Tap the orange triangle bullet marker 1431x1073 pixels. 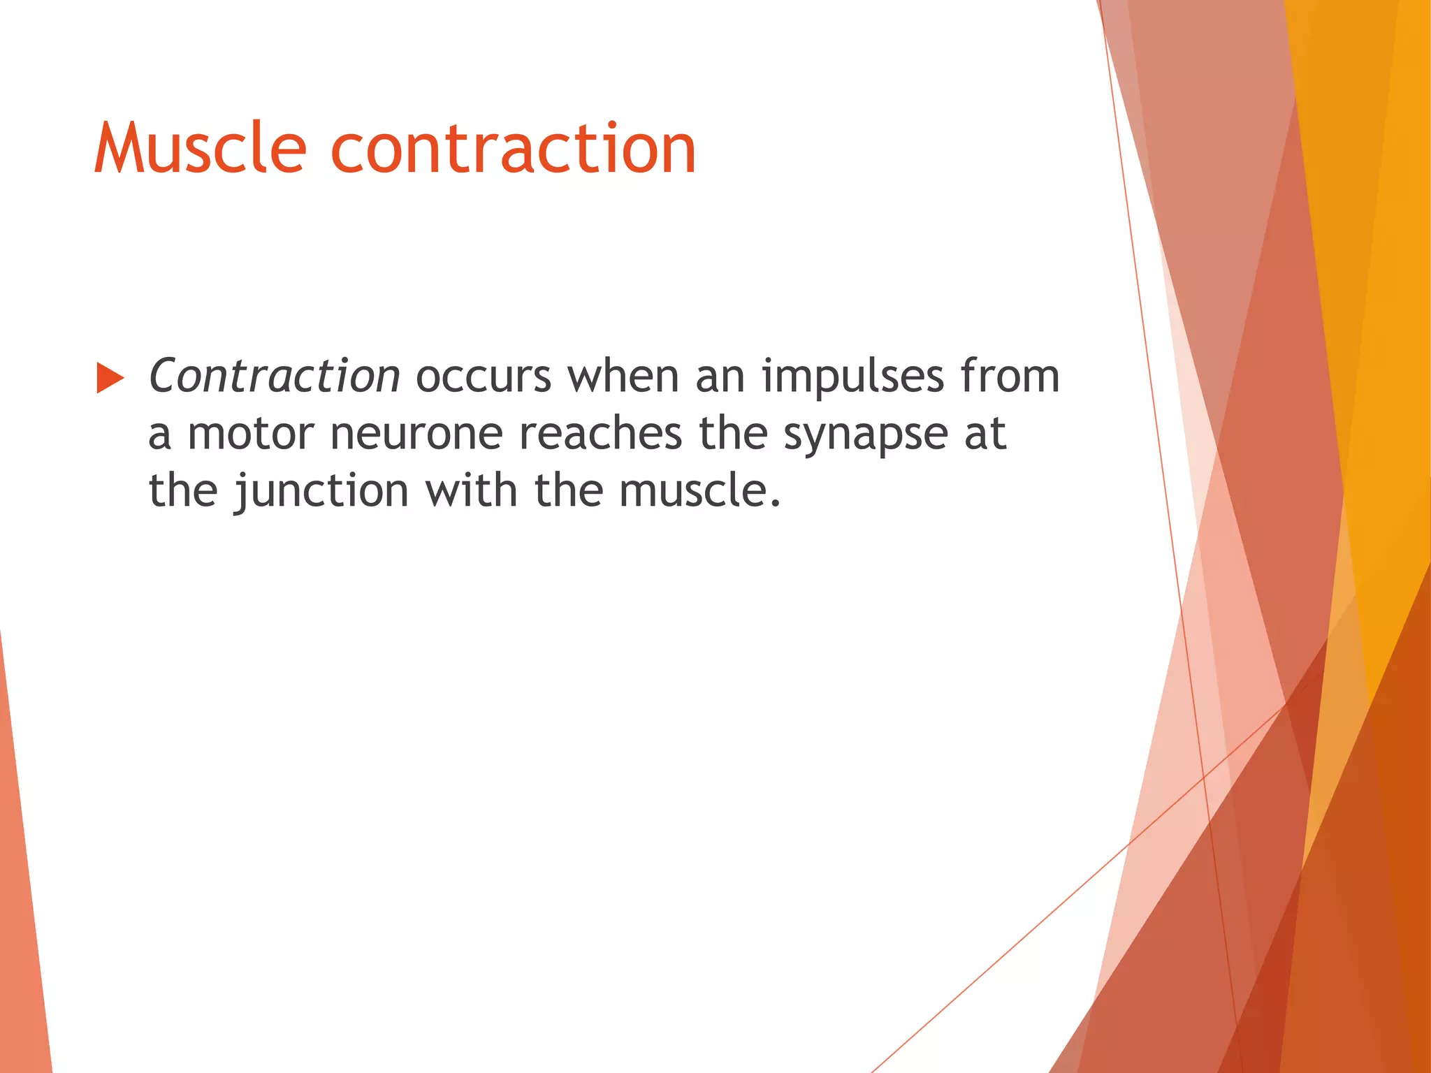[x=109, y=378]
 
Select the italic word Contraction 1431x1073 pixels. [x=274, y=377]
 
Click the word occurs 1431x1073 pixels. [x=484, y=377]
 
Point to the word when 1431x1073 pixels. [x=623, y=377]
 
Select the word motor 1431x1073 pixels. [x=251, y=434]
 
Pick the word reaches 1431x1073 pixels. [x=600, y=434]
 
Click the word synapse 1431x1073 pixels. [x=865, y=434]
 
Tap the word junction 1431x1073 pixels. [x=321, y=491]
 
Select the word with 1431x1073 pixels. [x=472, y=491]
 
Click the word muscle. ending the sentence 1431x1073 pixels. [x=699, y=491]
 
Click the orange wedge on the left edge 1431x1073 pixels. [x=21, y=908]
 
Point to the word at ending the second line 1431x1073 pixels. [x=985, y=434]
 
